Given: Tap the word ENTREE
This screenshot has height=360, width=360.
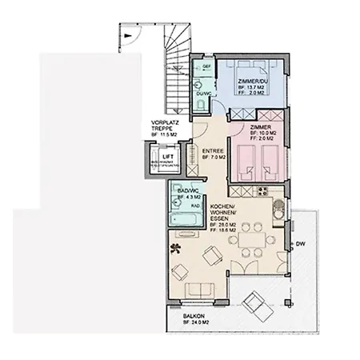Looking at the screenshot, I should (x=213, y=150).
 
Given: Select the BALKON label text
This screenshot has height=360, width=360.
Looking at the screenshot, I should (x=194, y=317).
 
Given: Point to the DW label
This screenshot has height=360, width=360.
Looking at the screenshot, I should (x=300, y=243).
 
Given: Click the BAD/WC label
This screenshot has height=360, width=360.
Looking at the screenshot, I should (x=188, y=190).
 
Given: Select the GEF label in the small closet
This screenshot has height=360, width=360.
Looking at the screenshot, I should (x=206, y=66).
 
